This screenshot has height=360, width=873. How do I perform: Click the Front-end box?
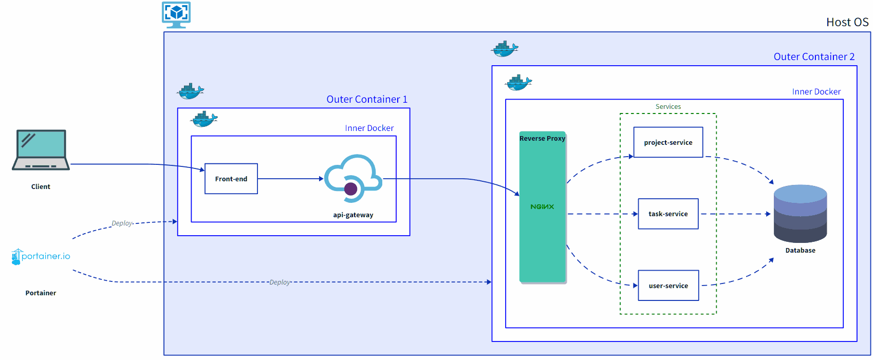[231, 179]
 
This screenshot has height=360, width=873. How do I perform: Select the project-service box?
[668, 142]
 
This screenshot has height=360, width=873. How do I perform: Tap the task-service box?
[668, 214]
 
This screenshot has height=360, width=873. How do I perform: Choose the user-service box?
[668, 286]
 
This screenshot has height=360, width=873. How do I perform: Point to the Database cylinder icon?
[800, 214]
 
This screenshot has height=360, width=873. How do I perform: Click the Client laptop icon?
[41, 150]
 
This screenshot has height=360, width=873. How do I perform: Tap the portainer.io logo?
[41, 256]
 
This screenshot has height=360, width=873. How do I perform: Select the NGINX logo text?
[542, 206]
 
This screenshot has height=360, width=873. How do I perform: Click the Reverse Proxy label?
[542, 138]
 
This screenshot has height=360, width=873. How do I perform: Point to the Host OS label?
[847, 22]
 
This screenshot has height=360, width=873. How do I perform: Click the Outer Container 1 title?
[367, 99]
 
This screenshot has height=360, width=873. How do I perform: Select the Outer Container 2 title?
[814, 56]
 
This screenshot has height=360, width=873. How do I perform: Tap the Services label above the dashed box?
[668, 106]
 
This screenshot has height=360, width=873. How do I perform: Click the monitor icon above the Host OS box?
[176, 14]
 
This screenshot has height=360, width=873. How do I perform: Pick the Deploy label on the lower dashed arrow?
[280, 282]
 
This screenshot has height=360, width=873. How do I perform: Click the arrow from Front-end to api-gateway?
[290, 179]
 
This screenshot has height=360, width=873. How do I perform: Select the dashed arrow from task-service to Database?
[735, 214]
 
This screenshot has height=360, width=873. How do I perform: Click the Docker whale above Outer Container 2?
[505, 49]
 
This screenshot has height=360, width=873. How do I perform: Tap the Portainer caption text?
[41, 293]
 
